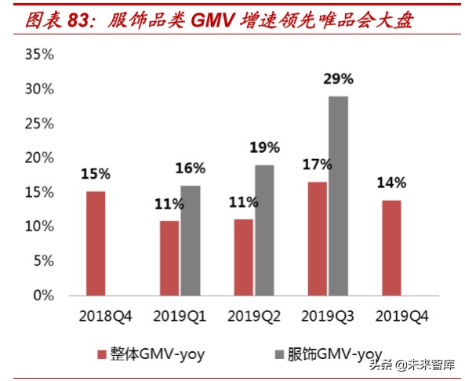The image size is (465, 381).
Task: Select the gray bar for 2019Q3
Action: pyautogui.click(x=339, y=196)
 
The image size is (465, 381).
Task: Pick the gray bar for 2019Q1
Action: pyautogui.click(x=191, y=241)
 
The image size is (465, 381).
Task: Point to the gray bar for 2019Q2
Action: pyautogui.click(x=264, y=230)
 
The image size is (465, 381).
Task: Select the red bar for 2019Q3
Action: pyautogui.click(x=318, y=238)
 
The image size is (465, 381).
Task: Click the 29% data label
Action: pyautogui.click(x=338, y=79)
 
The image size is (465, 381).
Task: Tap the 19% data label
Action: pyautogui.click(x=264, y=147)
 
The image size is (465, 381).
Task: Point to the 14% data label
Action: pyautogui.click(x=391, y=183)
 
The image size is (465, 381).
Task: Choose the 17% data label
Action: pyautogui.click(x=317, y=165)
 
